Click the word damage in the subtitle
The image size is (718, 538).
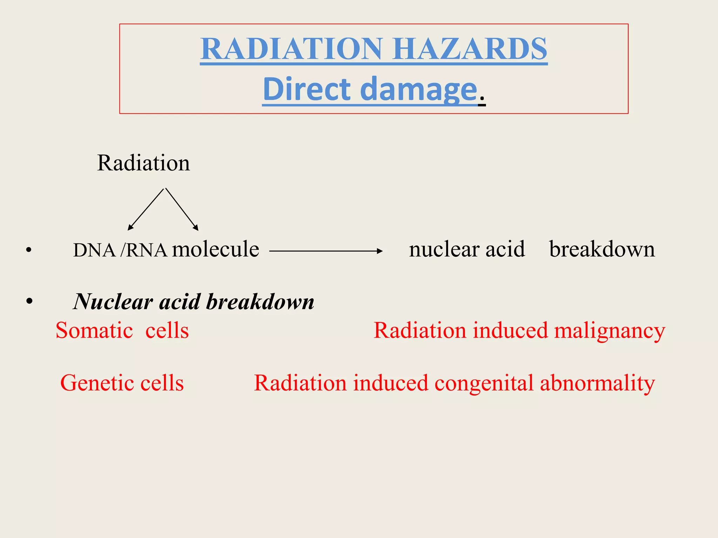point(419,90)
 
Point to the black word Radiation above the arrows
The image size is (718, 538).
point(143,163)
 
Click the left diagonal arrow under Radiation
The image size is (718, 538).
point(145,209)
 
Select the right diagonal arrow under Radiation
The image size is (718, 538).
point(182,209)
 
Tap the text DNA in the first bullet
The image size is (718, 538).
point(94,250)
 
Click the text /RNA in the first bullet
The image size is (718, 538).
point(144,250)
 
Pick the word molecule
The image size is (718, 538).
point(215,249)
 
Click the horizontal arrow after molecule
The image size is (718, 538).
point(326,251)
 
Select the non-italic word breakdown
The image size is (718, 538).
point(602,249)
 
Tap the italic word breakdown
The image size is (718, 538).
point(260,302)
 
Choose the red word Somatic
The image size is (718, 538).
point(94,330)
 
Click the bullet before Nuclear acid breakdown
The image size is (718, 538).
point(29,301)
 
